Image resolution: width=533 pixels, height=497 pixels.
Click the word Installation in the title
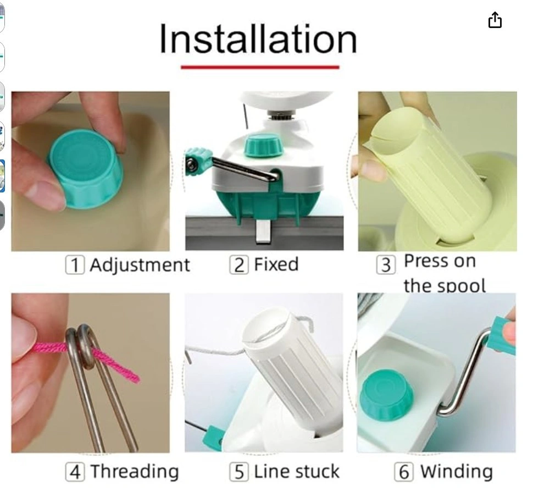click(x=258, y=38)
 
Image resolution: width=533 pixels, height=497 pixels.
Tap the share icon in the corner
click(x=495, y=20)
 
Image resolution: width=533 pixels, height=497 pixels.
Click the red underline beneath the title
click(x=260, y=67)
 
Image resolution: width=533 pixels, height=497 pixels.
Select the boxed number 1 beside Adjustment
click(x=75, y=265)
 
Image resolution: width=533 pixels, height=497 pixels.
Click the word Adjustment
click(x=140, y=265)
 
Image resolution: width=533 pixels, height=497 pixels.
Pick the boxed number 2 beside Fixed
click(x=239, y=264)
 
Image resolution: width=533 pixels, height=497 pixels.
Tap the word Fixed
click(x=276, y=264)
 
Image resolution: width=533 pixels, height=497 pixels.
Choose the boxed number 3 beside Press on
click(x=386, y=265)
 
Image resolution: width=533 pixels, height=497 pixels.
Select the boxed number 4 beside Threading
click(x=75, y=472)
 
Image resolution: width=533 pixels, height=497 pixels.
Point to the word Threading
click(x=135, y=472)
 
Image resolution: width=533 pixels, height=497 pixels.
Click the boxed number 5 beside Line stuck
click(x=239, y=472)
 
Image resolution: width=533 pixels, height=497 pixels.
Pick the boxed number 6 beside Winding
click(x=404, y=472)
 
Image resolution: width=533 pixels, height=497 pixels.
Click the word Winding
click(x=457, y=472)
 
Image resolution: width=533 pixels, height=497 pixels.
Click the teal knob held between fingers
click(x=86, y=169)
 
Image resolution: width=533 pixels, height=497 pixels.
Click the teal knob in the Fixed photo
click(x=263, y=146)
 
